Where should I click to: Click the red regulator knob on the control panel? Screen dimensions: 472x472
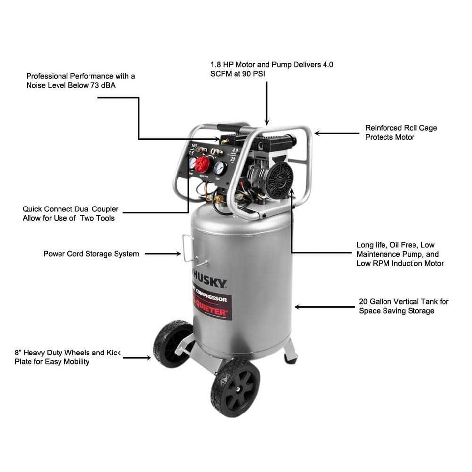click(202, 164)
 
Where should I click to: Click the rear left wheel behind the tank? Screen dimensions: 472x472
click(172, 343)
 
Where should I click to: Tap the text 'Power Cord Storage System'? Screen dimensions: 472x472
click(91, 254)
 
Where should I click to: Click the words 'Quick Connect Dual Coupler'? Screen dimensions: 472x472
click(70, 209)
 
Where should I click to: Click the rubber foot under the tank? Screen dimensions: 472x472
click(290, 360)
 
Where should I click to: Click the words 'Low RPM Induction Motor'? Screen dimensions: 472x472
click(400, 263)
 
